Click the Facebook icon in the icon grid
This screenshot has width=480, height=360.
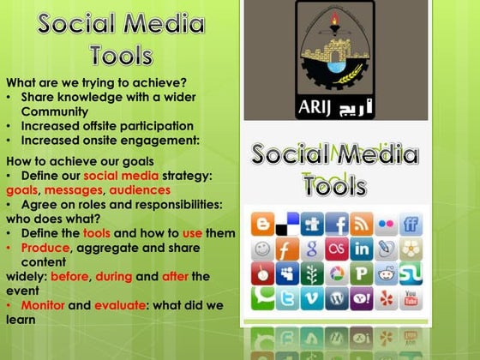click(x=337, y=225)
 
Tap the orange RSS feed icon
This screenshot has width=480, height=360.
click(x=361, y=225)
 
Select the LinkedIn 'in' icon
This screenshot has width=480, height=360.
click(x=361, y=249)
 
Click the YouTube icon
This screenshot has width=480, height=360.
click(x=411, y=298)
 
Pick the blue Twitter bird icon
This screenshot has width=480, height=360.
click(x=287, y=298)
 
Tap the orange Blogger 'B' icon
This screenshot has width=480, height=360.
click(x=262, y=225)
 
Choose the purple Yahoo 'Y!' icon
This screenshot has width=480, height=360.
click(x=361, y=298)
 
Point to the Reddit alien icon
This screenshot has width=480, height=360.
click(x=386, y=274)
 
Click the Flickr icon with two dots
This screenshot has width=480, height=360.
click(x=386, y=225)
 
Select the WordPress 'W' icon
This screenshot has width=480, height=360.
click(x=337, y=298)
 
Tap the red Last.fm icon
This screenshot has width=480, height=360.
click(x=337, y=249)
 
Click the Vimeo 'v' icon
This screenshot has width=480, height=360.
click(x=312, y=298)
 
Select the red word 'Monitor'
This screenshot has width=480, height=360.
click(x=44, y=305)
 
